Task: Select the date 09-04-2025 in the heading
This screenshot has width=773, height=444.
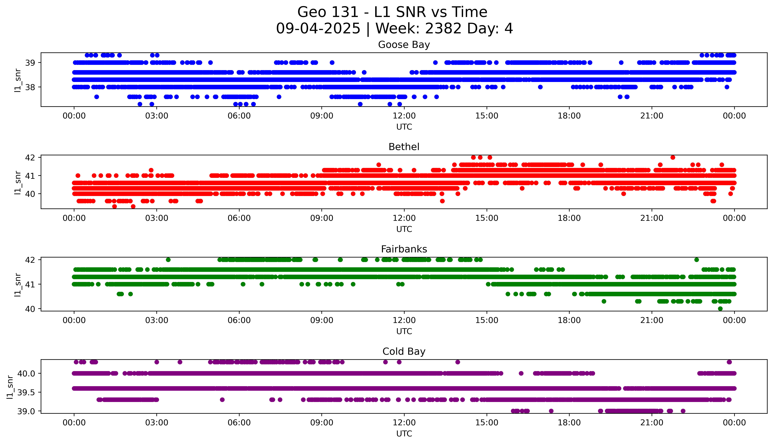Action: click(318, 29)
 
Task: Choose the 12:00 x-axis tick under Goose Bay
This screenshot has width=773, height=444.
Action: click(404, 116)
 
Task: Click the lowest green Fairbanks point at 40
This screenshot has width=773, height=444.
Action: click(720, 309)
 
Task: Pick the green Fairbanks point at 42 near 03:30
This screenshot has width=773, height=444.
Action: click(168, 260)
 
